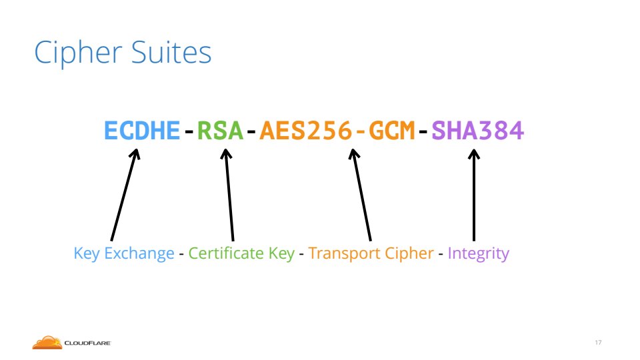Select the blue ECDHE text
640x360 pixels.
click(x=142, y=131)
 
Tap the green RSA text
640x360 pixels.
click(x=220, y=131)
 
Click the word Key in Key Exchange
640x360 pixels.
click(x=87, y=254)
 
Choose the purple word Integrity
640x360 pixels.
click(x=479, y=254)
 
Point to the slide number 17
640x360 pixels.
click(x=598, y=343)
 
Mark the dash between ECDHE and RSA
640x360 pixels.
click(x=189, y=132)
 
